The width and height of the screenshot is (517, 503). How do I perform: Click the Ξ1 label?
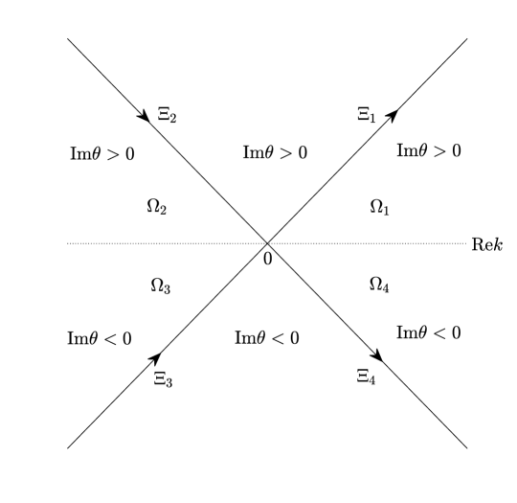pyautogui.click(x=366, y=115)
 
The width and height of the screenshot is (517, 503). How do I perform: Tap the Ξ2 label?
pyautogui.click(x=167, y=115)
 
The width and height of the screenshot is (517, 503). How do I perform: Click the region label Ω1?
pyautogui.click(x=380, y=207)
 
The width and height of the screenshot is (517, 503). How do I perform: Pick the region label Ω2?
pyautogui.click(x=158, y=207)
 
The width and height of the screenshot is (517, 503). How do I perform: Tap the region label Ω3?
pyautogui.click(x=160, y=284)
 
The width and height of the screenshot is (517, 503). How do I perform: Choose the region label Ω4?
pyautogui.click(x=380, y=284)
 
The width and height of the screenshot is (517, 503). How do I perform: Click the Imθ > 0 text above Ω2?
pyautogui.click(x=101, y=154)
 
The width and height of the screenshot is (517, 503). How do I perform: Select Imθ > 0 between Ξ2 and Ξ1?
pyautogui.click(x=275, y=152)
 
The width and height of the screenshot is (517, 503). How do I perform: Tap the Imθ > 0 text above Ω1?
pyautogui.click(x=429, y=150)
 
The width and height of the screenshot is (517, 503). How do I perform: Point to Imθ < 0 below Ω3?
pyautogui.click(x=100, y=338)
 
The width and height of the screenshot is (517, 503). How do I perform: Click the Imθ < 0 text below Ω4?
pyautogui.click(x=428, y=332)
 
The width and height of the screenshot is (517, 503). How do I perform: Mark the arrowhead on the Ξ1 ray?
pyautogui.click(x=393, y=114)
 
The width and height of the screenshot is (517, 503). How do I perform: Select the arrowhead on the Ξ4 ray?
pyautogui.click(x=377, y=355)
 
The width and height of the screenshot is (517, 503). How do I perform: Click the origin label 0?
pyautogui.click(x=268, y=257)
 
